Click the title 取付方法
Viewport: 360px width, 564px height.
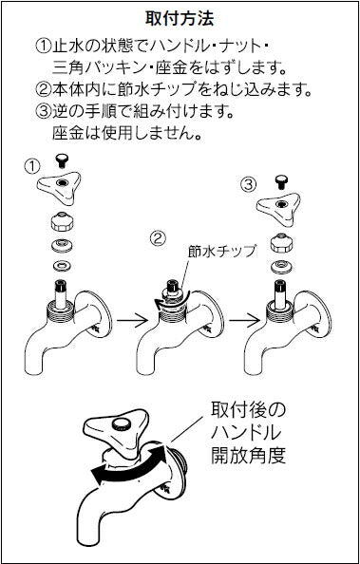point(180,19)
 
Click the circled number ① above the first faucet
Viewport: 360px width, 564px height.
point(32,166)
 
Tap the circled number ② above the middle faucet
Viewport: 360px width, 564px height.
point(158,239)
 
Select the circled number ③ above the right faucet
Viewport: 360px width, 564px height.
point(249,185)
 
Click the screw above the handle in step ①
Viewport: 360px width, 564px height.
point(64,160)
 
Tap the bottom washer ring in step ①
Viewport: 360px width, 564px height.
point(62,266)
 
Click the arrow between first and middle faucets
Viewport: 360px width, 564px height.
point(132,319)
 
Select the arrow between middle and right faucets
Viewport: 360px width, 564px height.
point(244,319)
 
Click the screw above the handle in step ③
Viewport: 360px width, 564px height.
point(281,181)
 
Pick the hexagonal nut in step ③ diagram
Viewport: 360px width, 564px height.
point(281,243)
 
